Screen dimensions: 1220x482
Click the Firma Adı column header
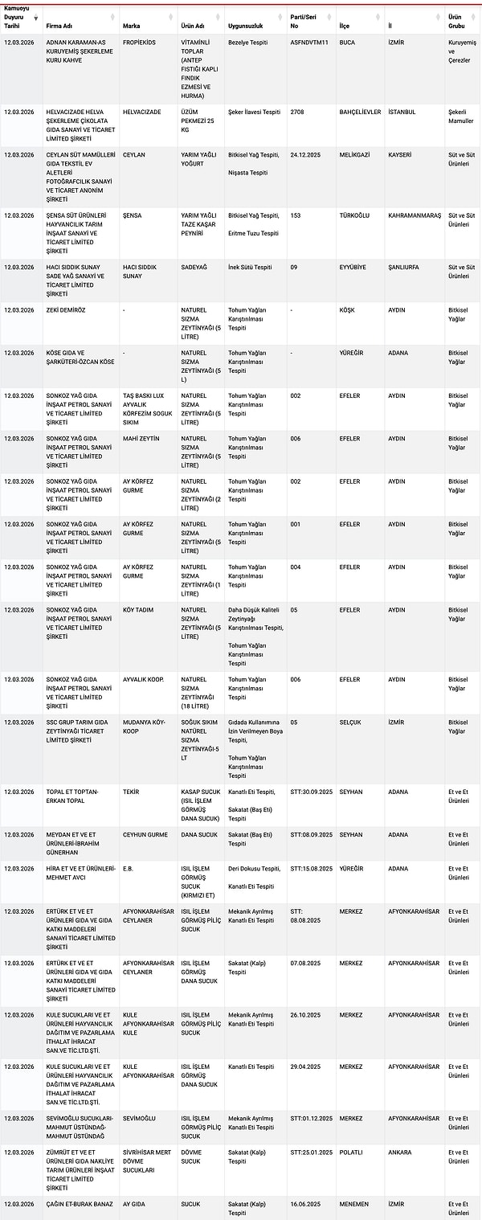pos(64,26)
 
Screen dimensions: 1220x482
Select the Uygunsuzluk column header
pos(246,26)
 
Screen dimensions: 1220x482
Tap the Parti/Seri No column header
pos(303,21)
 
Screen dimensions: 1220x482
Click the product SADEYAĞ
pos(196,267)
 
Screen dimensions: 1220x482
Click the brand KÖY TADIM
pos(138,610)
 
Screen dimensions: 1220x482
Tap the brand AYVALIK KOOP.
pos(143,679)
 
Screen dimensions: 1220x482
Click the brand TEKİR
pos(132,792)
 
